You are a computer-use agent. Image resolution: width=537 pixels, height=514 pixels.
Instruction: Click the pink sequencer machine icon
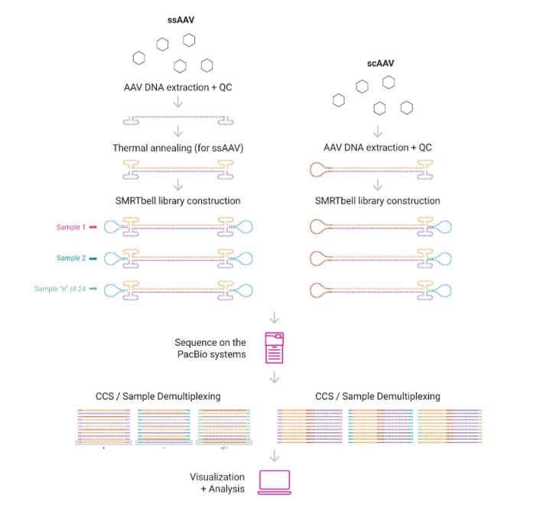275,348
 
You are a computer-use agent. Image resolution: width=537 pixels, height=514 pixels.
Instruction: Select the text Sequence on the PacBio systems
210,348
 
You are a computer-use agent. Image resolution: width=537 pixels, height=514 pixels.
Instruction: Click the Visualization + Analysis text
217,483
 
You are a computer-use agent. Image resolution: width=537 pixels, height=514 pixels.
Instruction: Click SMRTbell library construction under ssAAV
177,200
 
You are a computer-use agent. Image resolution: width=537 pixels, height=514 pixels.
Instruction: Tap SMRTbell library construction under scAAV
377,200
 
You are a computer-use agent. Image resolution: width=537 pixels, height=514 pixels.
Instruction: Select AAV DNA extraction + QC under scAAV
377,148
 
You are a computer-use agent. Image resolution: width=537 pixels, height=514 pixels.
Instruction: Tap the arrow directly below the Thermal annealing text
177,184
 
